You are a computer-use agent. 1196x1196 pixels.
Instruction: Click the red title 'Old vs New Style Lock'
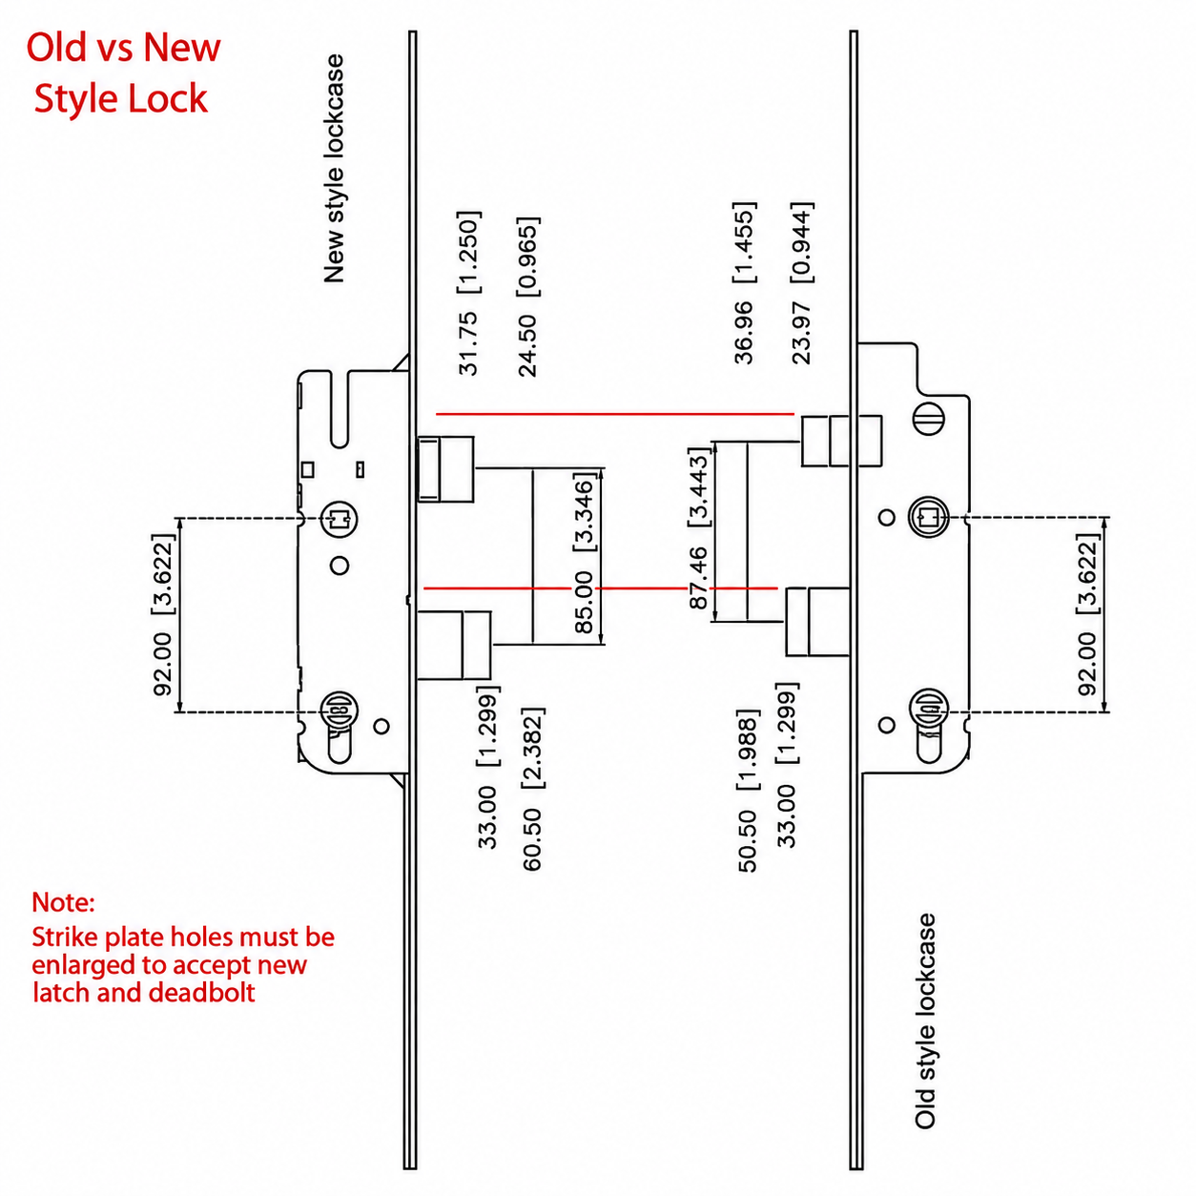click(123, 72)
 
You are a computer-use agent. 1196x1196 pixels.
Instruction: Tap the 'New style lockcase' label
click(334, 169)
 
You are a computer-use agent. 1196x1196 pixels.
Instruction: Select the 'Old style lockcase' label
click(925, 1021)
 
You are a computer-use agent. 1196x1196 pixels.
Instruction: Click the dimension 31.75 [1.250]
click(468, 294)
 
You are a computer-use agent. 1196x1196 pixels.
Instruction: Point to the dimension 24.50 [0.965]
click(528, 297)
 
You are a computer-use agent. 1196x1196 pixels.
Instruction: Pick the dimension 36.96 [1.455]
click(744, 282)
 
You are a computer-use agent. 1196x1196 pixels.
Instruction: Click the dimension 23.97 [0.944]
click(801, 282)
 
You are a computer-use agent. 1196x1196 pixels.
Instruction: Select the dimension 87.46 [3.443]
click(698, 528)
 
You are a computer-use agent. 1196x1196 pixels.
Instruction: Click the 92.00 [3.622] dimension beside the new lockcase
click(163, 614)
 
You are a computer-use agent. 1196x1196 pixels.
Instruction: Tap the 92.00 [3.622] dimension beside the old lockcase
click(1087, 614)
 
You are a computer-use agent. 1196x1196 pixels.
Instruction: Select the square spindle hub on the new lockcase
click(340, 518)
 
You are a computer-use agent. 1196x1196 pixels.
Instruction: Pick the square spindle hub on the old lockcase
click(929, 516)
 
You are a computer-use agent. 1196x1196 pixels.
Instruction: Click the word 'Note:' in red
click(63, 902)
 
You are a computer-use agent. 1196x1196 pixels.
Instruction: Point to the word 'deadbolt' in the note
click(202, 993)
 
